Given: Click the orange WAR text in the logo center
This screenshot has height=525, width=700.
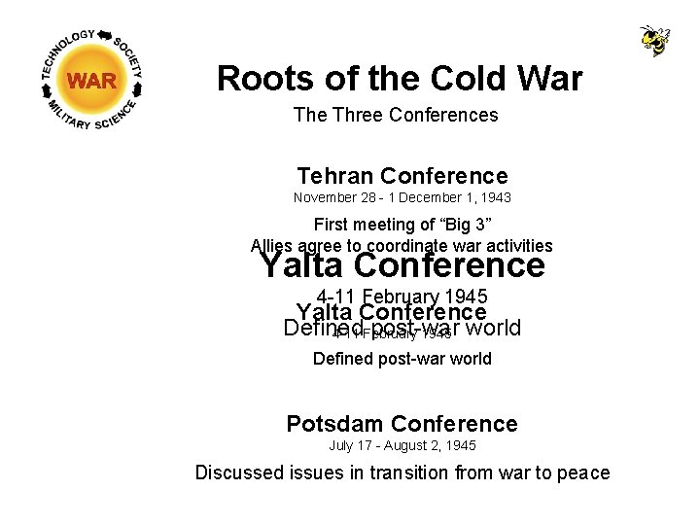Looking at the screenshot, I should [x=92, y=81].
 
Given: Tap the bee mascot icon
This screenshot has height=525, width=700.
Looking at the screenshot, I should [x=654, y=41].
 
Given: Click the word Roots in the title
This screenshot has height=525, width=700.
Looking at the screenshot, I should [x=256, y=78].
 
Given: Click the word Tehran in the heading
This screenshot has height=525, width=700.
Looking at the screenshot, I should [x=336, y=176].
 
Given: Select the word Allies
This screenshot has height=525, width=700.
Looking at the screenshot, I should [x=273, y=246].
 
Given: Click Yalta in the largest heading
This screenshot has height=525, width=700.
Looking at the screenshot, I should [x=302, y=264].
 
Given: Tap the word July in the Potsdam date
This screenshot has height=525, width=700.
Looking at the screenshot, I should [x=341, y=446].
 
